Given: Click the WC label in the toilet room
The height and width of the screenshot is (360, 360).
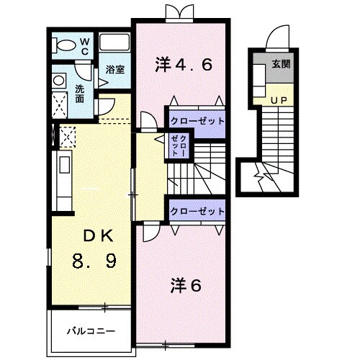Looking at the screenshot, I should tap(84, 47).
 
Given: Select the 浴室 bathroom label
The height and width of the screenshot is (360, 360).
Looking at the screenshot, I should tap(114, 70).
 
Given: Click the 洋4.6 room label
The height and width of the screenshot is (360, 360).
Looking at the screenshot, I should tap(183, 64).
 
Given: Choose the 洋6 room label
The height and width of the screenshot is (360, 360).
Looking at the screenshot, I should tap(186, 285).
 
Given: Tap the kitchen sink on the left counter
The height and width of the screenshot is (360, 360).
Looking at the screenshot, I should tap(60, 166).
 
